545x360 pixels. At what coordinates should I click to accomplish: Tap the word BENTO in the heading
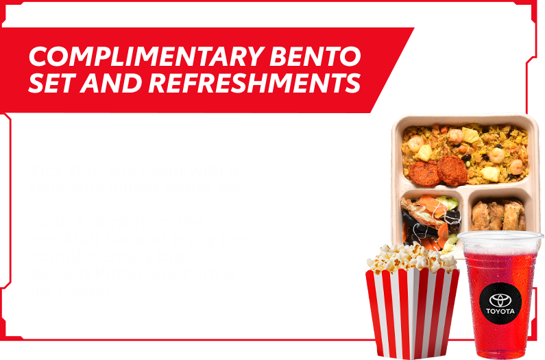point(315,56)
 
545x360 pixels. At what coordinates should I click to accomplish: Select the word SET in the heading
point(53,83)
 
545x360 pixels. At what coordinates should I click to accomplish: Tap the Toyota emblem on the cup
point(500,300)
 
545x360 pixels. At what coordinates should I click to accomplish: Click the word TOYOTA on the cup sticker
point(500,311)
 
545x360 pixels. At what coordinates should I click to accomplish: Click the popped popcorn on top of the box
point(411,258)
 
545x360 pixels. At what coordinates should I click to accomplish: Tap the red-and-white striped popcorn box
point(412,313)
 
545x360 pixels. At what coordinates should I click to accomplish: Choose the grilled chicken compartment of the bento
point(498,215)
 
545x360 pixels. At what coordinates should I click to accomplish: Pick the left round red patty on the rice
point(424,173)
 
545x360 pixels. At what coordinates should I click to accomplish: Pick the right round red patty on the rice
point(452,170)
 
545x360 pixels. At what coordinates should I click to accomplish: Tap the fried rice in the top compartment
point(465,152)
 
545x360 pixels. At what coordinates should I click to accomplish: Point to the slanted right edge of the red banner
point(392,70)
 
